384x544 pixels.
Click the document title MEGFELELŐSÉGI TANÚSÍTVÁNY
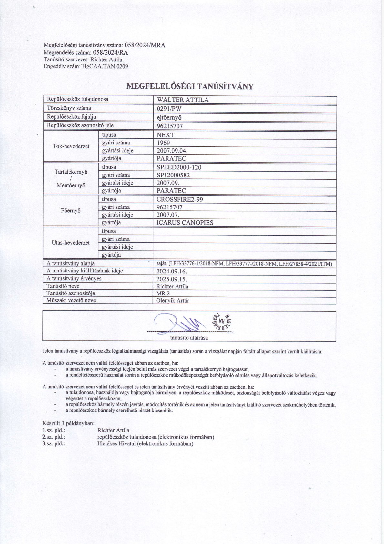click(x=190, y=86)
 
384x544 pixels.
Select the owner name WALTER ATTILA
click(x=182, y=100)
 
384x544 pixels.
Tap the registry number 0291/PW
click(x=169, y=109)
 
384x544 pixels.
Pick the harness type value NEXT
click(x=165, y=135)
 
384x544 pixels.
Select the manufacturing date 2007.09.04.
click(x=172, y=151)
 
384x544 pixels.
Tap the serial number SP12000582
click(x=173, y=175)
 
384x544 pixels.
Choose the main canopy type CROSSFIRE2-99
click(x=180, y=199)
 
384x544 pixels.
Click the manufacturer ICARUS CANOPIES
click(x=185, y=223)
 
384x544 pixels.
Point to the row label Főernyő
click(x=71, y=211)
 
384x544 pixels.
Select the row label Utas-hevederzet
click(x=71, y=243)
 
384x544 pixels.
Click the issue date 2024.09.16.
click(x=172, y=271)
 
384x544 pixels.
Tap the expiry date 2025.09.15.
click(x=172, y=279)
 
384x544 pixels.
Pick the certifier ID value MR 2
click(x=163, y=293)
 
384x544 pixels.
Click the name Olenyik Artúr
click(x=173, y=301)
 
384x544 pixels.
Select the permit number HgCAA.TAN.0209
click(x=106, y=67)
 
